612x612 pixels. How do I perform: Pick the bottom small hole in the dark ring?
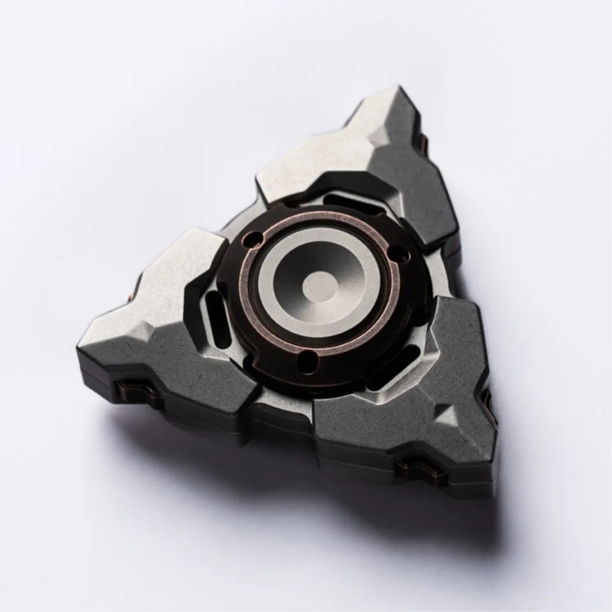tap(308, 363)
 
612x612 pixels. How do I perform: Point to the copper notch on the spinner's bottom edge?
tap(415, 472)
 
